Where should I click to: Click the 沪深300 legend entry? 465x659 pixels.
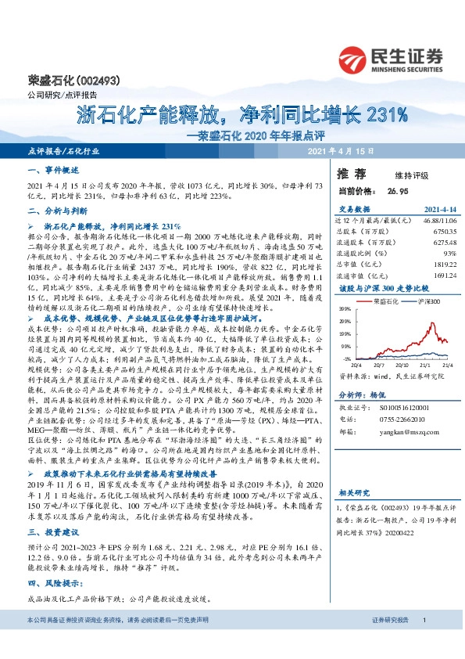point(423,301)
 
